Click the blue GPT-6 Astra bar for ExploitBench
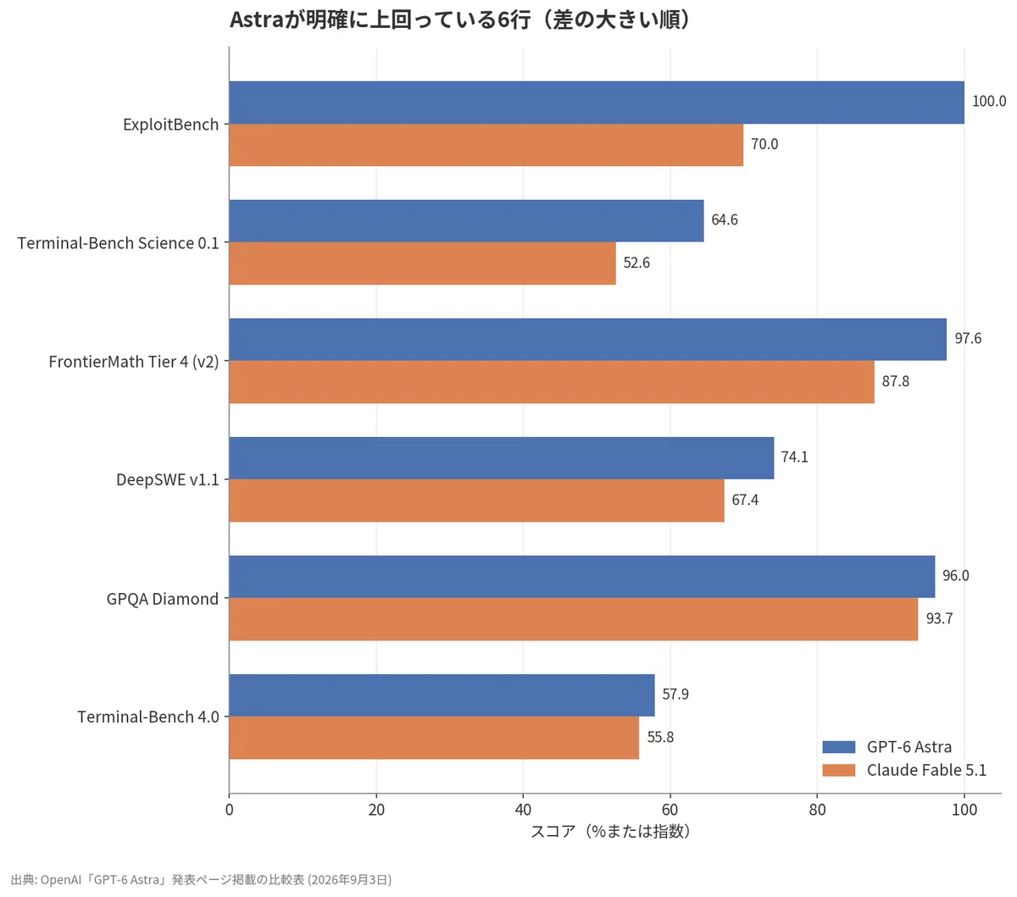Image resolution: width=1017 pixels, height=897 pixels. point(597,102)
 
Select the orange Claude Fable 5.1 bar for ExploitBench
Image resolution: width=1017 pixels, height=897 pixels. point(486,145)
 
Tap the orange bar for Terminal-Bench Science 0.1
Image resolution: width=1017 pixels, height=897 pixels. point(422,263)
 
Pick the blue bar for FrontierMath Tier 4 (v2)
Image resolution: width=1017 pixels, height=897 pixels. point(588,340)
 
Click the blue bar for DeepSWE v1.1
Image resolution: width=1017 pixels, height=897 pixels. point(502,458)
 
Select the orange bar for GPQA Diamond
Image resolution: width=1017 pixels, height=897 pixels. point(573,619)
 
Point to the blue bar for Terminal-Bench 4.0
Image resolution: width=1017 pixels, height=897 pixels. point(442,695)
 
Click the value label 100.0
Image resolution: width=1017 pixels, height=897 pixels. point(989,102)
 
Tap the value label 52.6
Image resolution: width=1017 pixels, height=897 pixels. point(636,263)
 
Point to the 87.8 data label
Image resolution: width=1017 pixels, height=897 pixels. point(896,381)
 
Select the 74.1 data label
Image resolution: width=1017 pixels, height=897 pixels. point(795,457)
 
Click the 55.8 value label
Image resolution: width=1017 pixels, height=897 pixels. point(660,737)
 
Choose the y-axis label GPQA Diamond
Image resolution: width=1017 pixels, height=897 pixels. point(162,599)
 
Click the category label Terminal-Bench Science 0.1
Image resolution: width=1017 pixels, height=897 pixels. point(119,243)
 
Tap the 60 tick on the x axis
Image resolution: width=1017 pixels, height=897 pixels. point(670,810)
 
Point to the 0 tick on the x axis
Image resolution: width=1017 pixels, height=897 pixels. point(230,810)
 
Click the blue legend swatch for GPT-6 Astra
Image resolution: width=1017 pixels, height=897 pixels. point(839,747)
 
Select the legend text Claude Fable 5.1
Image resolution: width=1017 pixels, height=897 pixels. point(926,770)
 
